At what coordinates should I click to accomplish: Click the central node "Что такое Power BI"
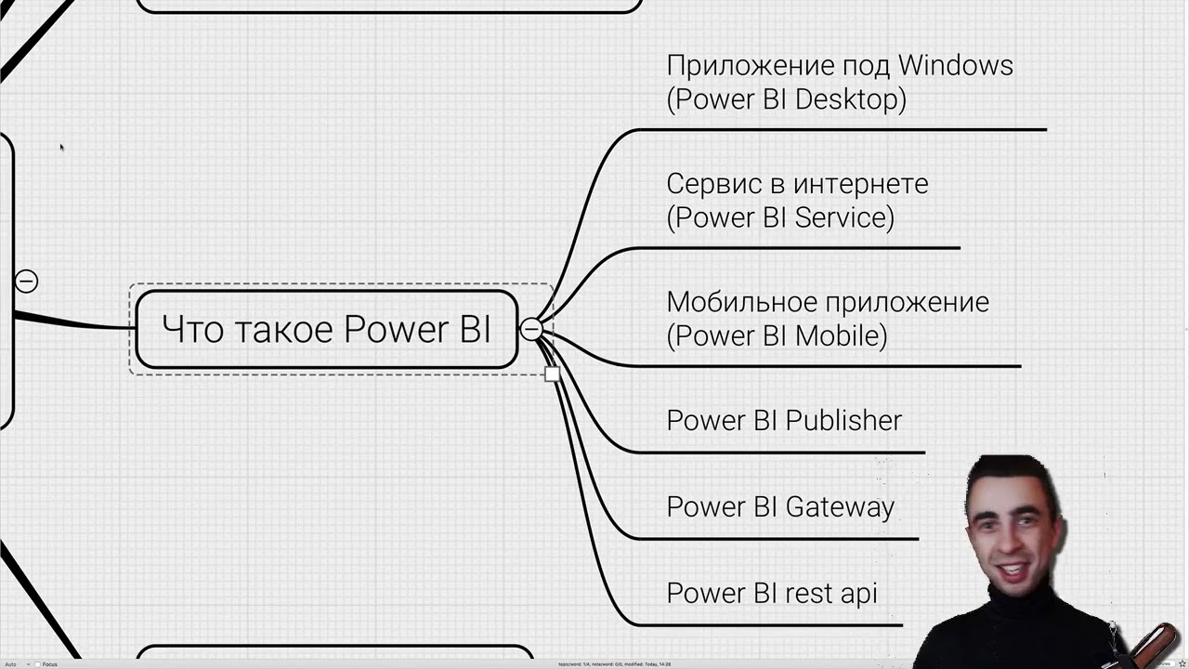(x=325, y=329)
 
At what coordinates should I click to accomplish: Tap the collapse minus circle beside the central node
(x=530, y=329)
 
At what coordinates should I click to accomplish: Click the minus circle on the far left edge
(x=26, y=281)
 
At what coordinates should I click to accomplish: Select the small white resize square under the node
(x=552, y=374)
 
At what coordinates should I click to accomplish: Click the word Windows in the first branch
(x=955, y=65)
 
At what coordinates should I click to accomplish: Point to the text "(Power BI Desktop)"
(x=786, y=99)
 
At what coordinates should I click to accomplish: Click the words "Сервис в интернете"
(x=797, y=184)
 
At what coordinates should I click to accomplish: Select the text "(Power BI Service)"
(x=780, y=217)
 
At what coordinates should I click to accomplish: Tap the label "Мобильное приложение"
(x=827, y=302)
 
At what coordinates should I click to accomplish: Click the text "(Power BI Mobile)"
(x=777, y=335)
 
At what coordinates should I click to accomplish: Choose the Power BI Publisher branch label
(x=784, y=420)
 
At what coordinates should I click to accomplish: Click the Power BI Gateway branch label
(x=780, y=506)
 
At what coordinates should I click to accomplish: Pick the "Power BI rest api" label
(x=771, y=593)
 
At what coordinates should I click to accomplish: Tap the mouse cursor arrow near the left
(x=61, y=147)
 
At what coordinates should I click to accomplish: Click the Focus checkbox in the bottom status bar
(x=37, y=664)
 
